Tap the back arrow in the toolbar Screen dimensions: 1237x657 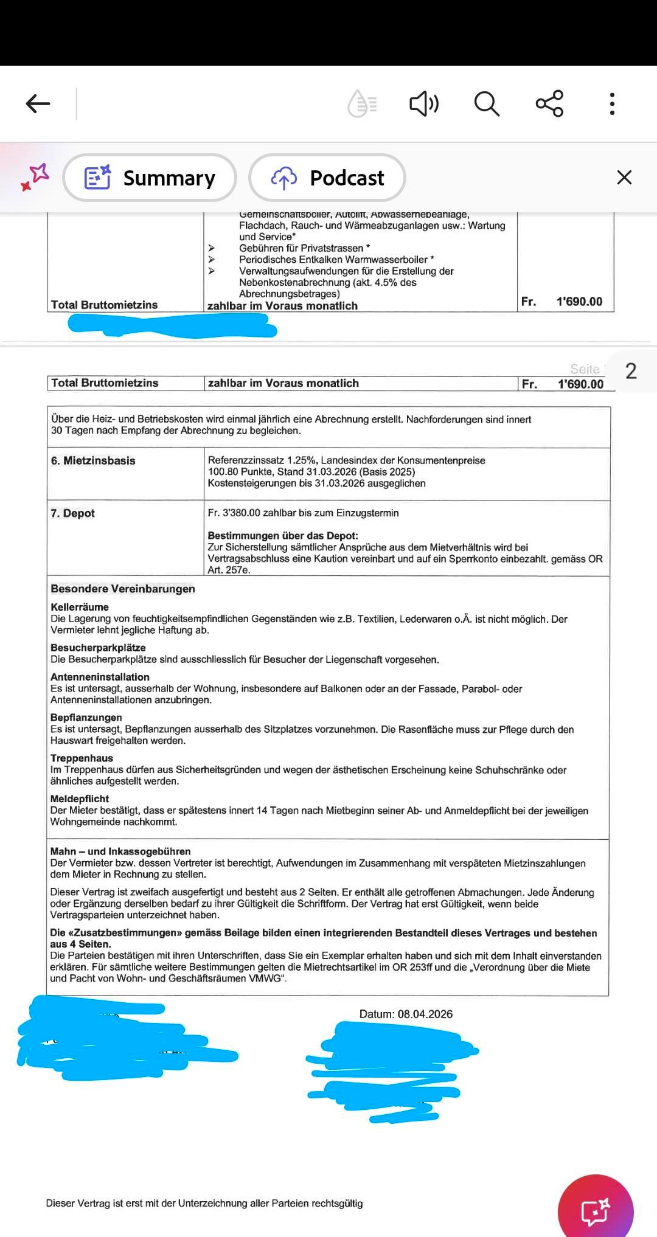pyautogui.click(x=38, y=103)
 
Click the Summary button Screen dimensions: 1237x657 pyautogui.click(x=150, y=178)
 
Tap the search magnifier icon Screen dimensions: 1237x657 pyautogui.click(x=487, y=103)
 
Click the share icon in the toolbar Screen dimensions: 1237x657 pyautogui.click(x=549, y=103)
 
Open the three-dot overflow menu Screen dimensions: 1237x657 pyautogui.click(x=612, y=103)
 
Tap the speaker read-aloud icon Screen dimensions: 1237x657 pyautogui.click(x=424, y=103)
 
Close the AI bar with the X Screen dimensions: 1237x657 pyautogui.click(x=624, y=178)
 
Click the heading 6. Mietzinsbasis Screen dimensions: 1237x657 pyautogui.click(x=93, y=460)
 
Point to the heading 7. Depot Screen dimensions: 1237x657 pyautogui.click(x=73, y=513)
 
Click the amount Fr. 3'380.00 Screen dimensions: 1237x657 pyautogui.click(x=234, y=513)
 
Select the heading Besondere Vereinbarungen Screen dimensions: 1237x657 pyautogui.click(x=123, y=589)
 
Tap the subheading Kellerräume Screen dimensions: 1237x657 pyautogui.click(x=80, y=607)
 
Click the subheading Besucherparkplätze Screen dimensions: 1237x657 pyautogui.click(x=98, y=648)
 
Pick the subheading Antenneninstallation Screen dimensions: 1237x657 pyautogui.click(x=100, y=677)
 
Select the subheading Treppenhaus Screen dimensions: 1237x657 pyautogui.click(x=82, y=758)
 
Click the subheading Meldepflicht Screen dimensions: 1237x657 pyautogui.click(x=80, y=799)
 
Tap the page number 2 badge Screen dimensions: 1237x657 pyautogui.click(x=631, y=371)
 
